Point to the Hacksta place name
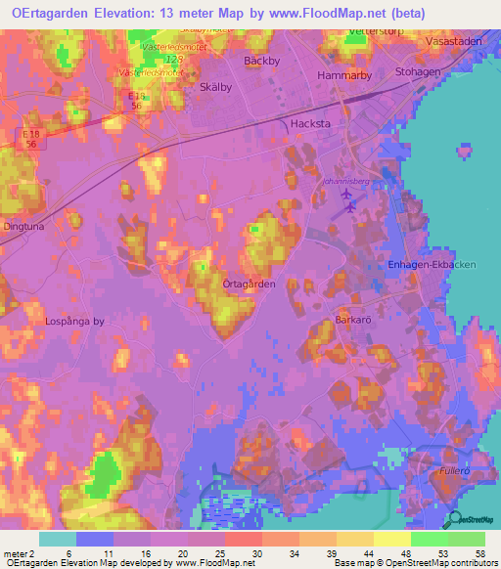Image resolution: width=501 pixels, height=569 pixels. pyautogui.click(x=310, y=123)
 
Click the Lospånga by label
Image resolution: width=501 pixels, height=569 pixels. pyautogui.click(x=73, y=320)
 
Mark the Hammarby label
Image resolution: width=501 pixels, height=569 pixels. pyautogui.click(x=342, y=74)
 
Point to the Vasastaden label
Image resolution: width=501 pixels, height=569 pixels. pyautogui.click(x=453, y=42)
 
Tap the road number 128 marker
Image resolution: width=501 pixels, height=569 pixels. pyautogui.click(x=175, y=60)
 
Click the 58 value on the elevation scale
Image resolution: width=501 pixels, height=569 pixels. pyautogui.click(x=479, y=552)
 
